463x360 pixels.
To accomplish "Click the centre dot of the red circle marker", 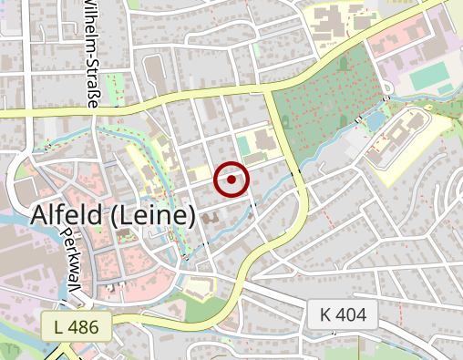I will (x=231, y=180).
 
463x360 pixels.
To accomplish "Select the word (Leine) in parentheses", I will (x=162, y=215).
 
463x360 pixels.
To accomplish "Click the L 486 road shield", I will (x=76, y=325).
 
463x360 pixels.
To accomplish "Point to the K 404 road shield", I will (x=342, y=315).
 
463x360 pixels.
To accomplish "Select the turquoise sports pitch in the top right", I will (x=429, y=78).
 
